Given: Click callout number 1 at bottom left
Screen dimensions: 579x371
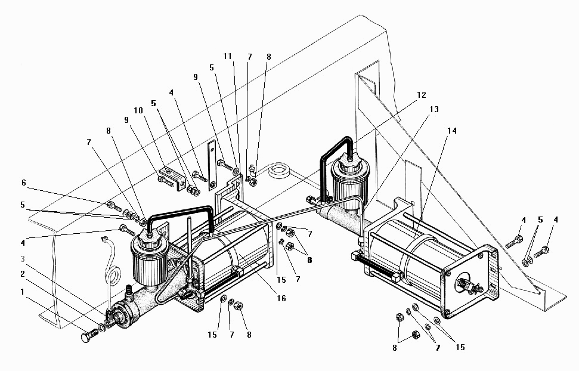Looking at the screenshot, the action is (x=22, y=292).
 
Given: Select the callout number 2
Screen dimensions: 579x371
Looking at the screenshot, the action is (x=23, y=274).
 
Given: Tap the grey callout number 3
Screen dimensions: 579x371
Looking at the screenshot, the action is (x=23, y=259).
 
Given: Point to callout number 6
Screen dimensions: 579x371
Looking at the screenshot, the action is (x=24, y=183).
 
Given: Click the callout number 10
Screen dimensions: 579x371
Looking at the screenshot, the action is (x=138, y=110).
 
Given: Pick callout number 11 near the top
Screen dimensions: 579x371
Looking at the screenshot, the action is (x=227, y=56).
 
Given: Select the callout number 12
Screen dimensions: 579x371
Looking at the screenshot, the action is (x=422, y=95).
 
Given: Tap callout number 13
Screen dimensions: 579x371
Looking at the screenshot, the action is (x=434, y=109).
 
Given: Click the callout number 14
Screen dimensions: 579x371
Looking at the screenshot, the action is (x=452, y=131).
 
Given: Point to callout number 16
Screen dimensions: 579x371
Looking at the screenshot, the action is (x=281, y=298).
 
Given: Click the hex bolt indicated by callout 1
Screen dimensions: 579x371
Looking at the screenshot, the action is (x=89, y=336).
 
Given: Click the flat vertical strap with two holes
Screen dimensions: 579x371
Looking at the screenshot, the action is (x=212, y=165).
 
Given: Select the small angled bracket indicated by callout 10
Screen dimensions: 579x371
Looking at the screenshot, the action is (x=173, y=178).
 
